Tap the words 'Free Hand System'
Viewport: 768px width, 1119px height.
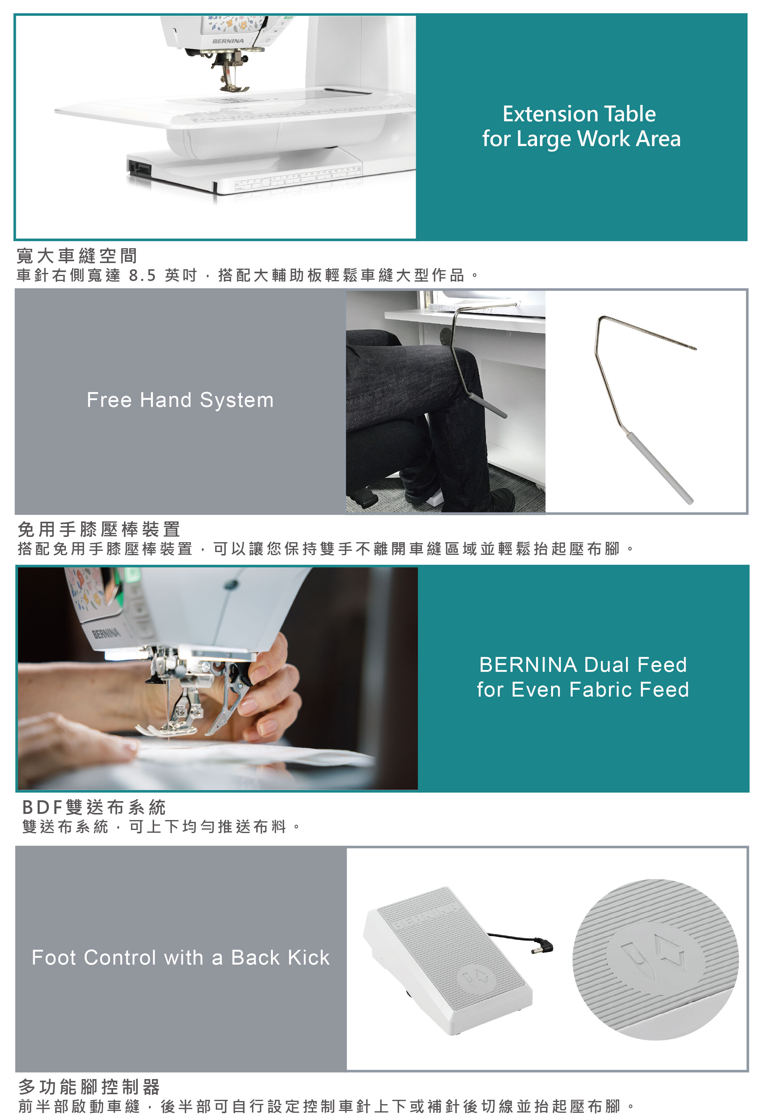[180, 400]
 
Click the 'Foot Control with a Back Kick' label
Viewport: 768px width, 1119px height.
[180, 958]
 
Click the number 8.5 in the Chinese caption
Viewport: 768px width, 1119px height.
[142, 275]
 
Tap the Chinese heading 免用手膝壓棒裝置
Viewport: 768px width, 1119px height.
[99, 529]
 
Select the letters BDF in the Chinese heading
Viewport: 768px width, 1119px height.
[42, 807]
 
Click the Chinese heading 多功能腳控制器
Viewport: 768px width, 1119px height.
[89, 1087]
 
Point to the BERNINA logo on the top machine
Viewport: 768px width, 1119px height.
[228, 41]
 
